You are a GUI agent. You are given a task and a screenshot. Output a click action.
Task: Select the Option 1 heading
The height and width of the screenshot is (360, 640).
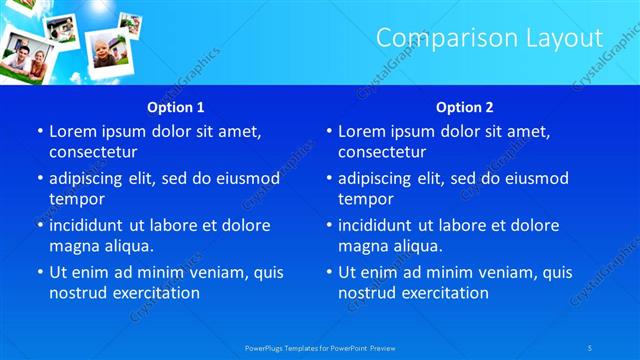pyautogui.click(x=176, y=107)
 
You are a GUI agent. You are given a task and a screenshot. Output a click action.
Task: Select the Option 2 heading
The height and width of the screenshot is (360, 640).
pyautogui.click(x=465, y=107)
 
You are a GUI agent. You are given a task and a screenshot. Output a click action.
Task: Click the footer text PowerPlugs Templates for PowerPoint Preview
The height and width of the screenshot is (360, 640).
pyautogui.click(x=319, y=347)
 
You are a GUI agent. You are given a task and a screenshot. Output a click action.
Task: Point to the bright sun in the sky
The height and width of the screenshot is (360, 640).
pyautogui.click(x=100, y=6)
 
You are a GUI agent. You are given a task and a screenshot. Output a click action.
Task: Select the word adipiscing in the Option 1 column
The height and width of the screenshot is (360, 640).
pyautogui.click(x=91, y=178)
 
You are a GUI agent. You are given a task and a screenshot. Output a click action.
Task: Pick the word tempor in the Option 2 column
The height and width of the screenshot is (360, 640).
pyautogui.click(x=365, y=198)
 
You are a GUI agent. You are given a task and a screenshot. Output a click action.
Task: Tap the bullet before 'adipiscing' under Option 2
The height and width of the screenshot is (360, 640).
pyautogui.click(x=328, y=178)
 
